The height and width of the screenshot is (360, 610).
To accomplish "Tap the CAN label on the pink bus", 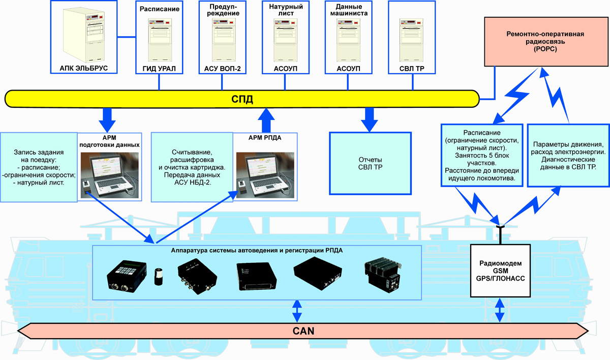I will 303,331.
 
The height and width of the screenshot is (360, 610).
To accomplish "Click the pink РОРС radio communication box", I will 545,42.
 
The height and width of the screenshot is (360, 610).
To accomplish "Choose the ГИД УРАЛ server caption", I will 159,68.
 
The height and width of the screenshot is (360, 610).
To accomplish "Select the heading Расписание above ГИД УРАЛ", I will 159,9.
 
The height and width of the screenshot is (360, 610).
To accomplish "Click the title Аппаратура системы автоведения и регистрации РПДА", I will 256,250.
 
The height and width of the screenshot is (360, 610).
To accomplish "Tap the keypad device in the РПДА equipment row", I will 127,275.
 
